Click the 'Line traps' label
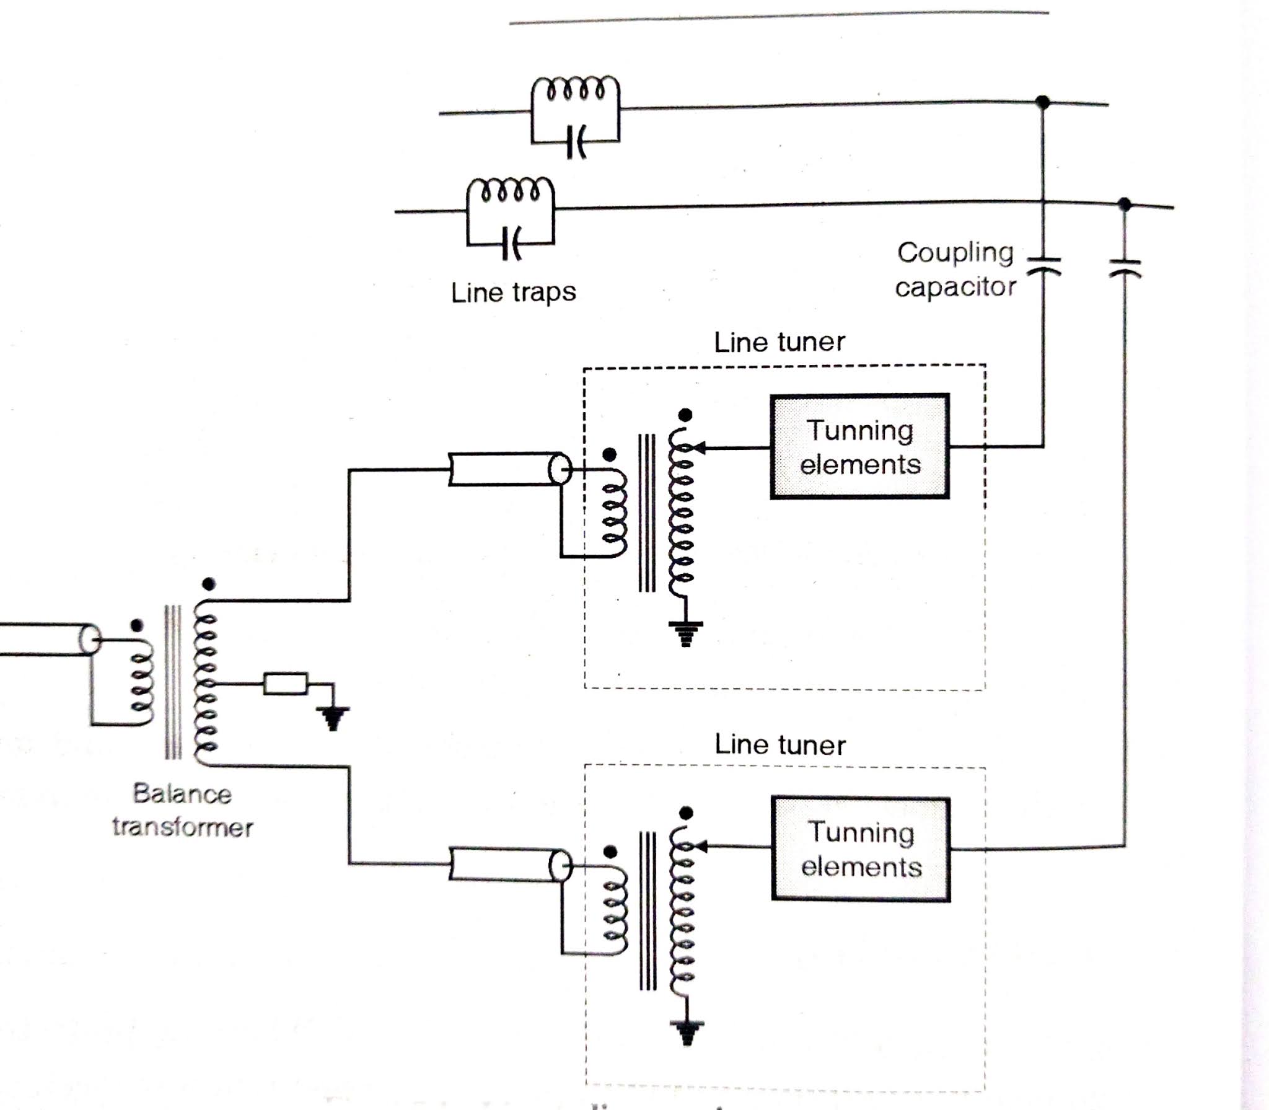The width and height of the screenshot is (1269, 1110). pyautogui.click(x=513, y=292)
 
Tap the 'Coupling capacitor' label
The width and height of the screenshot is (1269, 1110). pyautogui.click(x=955, y=270)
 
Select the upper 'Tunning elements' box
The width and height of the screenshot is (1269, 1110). pyautogui.click(x=859, y=446)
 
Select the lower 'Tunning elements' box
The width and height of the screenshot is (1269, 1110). pyautogui.click(x=861, y=848)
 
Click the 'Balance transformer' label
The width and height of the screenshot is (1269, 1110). pyautogui.click(x=182, y=811)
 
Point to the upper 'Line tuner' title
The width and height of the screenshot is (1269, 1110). pyautogui.click(x=779, y=342)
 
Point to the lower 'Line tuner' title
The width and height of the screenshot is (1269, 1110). pyautogui.click(x=779, y=744)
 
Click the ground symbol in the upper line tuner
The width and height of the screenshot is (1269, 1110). pyautogui.click(x=685, y=633)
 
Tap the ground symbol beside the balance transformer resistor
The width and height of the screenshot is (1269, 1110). pyautogui.click(x=333, y=718)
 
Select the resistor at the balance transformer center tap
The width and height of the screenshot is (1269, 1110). pyautogui.click(x=286, y=684)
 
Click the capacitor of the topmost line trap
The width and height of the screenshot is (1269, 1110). pyautogui.click(x=576, y=142)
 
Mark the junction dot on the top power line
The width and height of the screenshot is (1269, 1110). pyautogui.click(x=1043, y=102)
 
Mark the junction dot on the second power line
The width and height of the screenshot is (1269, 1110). pyautogui.click(x=1125, y=204)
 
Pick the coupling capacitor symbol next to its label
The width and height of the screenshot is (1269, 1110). pyautogui.click(x=1043, y=266)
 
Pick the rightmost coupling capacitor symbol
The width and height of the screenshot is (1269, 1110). pyautogui.click(x=1125, y=269)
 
